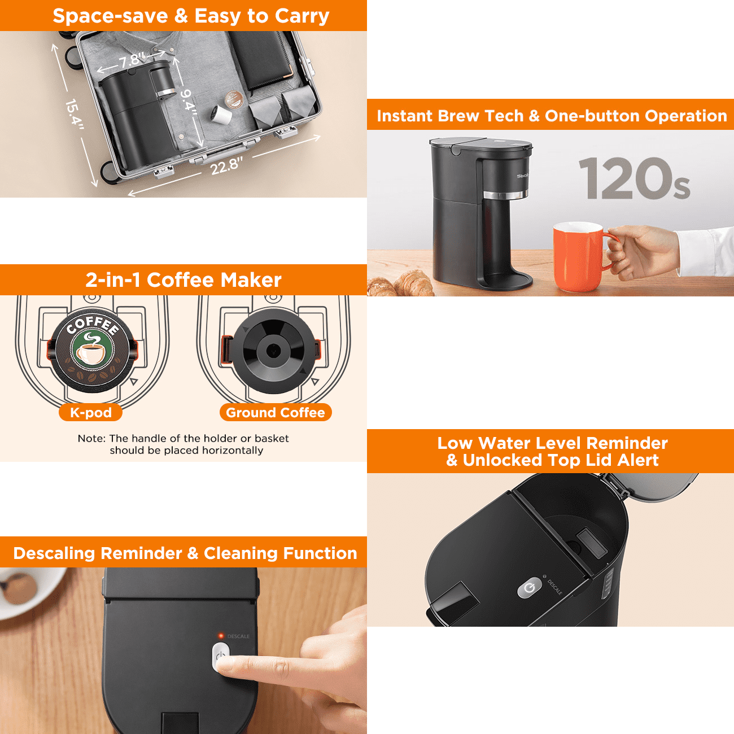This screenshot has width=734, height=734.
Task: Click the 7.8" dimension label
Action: pos(132,60)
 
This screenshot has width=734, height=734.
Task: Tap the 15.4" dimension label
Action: pos(75,114)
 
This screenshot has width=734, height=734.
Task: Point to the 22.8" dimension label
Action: pos(226,165)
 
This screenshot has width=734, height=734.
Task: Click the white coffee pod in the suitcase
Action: pos(221,113)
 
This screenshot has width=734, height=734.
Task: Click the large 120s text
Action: pos(634,178)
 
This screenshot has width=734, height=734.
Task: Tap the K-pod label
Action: pos(91,413)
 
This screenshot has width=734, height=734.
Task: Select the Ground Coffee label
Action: pos(276,413)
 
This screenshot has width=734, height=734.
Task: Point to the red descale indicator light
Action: pos(221,636)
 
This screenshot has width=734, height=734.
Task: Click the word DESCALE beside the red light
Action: pos(238,636)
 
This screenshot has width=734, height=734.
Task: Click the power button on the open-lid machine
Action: pos(529,588)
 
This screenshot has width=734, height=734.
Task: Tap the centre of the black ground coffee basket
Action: pos(273,351)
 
